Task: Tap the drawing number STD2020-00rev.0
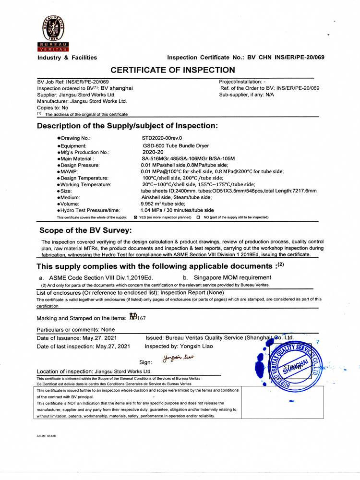pos(162,138)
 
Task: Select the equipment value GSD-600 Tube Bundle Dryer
pos(176,145)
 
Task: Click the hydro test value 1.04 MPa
pos(153,210)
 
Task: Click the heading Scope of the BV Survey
pos(85,230)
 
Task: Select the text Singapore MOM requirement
pos(232,277)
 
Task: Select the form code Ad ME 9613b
pos(47,436)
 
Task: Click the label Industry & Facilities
pos(67,58)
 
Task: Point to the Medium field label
pos(70,197)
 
